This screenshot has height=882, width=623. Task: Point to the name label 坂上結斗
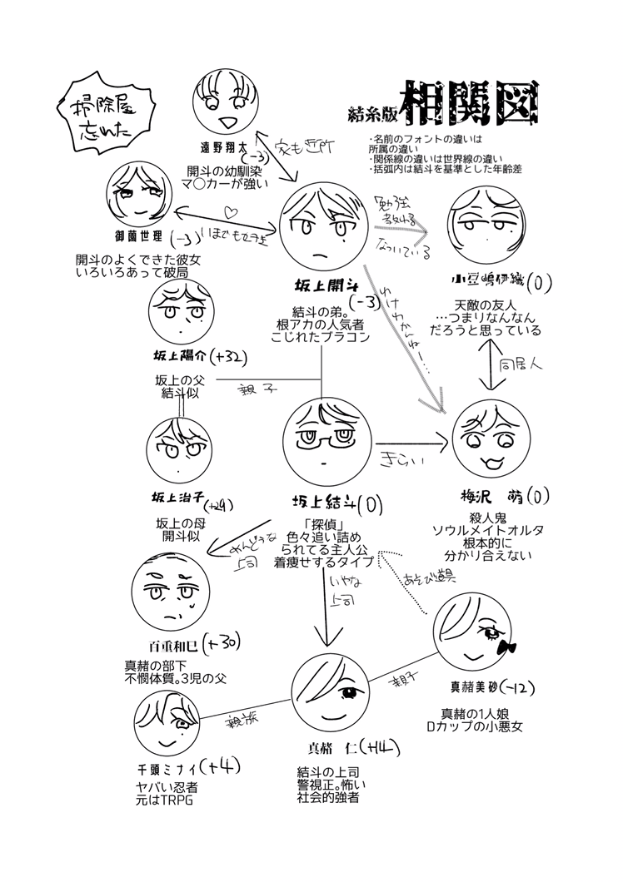(314, 503)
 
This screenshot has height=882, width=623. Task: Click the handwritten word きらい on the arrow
(398, 459)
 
